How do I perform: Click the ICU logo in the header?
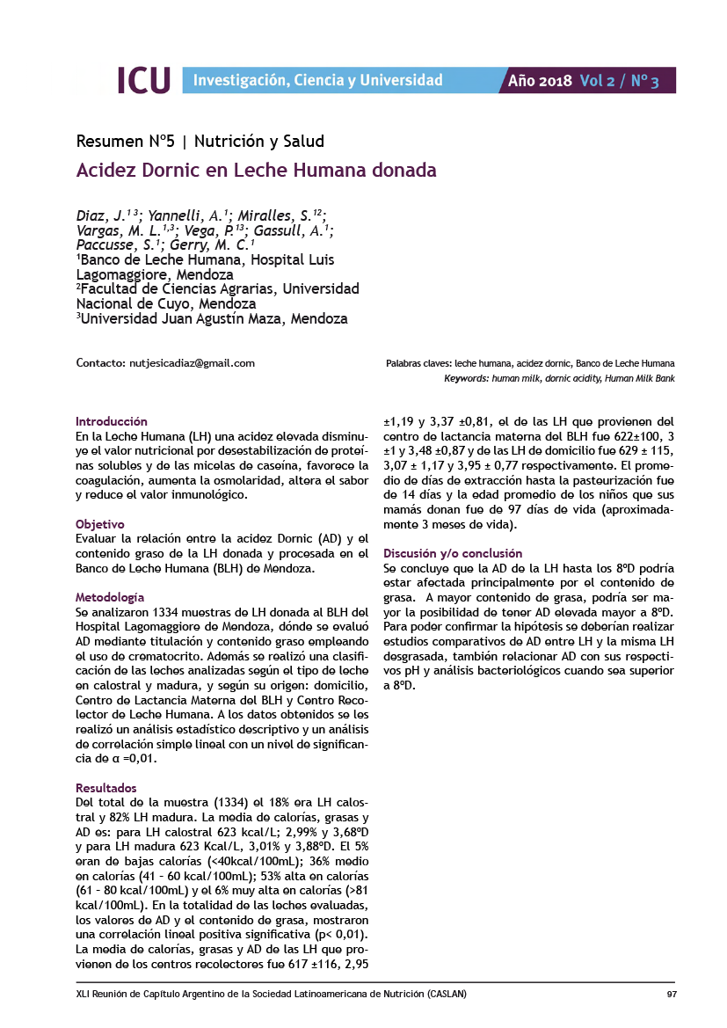(144, 81)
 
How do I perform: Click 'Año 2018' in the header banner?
(540, 81)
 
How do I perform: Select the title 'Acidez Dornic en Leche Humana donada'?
(257, 170)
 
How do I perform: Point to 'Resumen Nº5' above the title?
(126, 141)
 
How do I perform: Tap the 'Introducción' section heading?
(112, 421)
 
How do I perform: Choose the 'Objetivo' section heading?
(100, 524)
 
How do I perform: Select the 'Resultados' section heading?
(106, 788)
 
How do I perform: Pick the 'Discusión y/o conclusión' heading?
(453, 553)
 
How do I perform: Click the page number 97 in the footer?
(670, 995)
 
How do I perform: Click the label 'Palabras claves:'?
(418, 363)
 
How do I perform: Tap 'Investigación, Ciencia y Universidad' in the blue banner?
(317, 81)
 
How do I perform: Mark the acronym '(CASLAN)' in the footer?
(445, 995)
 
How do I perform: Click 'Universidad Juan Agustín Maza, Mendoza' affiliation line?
(212, 318)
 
